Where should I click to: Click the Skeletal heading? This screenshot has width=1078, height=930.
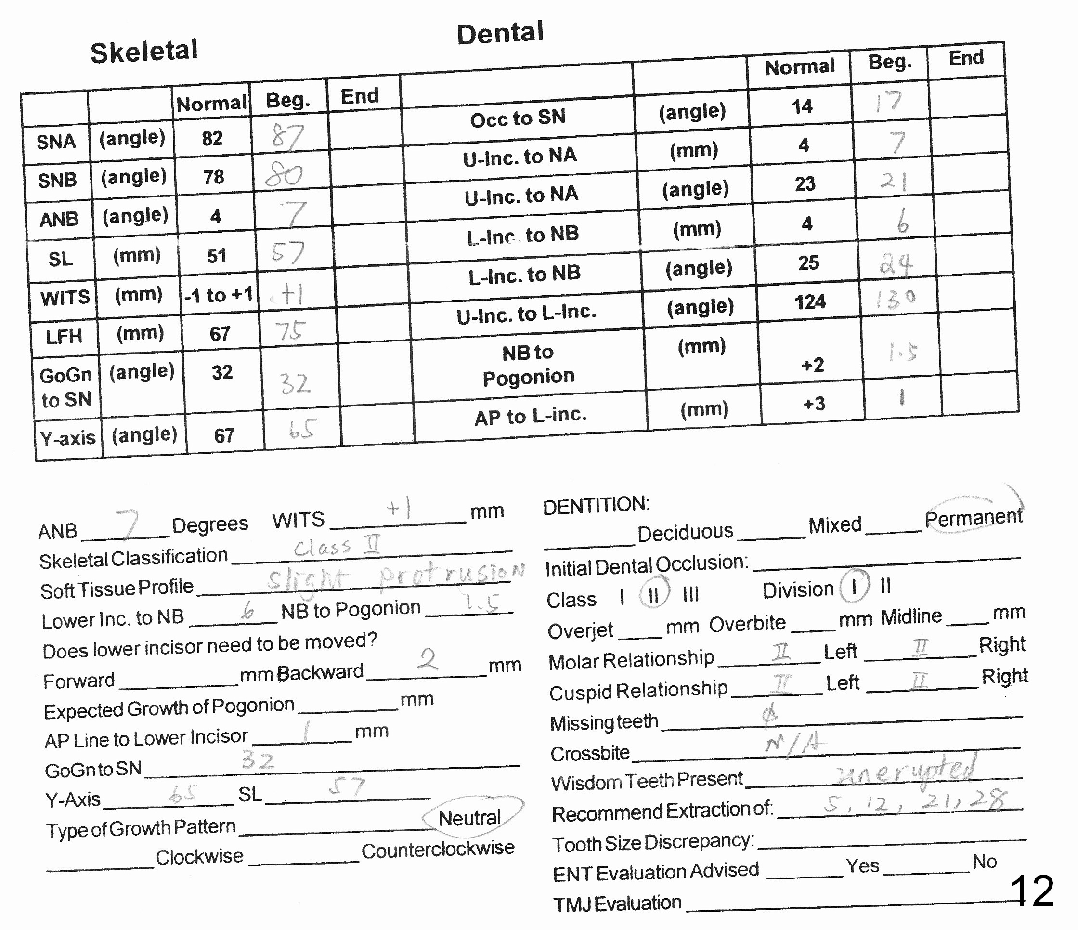144,52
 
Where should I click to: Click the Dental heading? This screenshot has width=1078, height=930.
500,33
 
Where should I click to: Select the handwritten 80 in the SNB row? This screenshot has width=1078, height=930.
284,175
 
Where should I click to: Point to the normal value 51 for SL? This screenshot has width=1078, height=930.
217,256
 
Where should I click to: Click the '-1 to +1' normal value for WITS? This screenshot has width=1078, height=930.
219,295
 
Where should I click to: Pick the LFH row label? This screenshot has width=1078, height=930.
64,337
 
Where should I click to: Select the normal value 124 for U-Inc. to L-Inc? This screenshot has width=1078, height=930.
810,302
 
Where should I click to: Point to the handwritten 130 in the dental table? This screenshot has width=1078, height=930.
895,299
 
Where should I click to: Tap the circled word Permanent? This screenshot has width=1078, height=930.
973,517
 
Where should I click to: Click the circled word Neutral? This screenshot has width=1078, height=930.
470,818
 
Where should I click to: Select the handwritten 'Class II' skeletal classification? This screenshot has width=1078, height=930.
337,546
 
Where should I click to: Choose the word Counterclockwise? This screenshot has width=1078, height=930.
438,850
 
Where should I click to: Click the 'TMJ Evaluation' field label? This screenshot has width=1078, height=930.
617,904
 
